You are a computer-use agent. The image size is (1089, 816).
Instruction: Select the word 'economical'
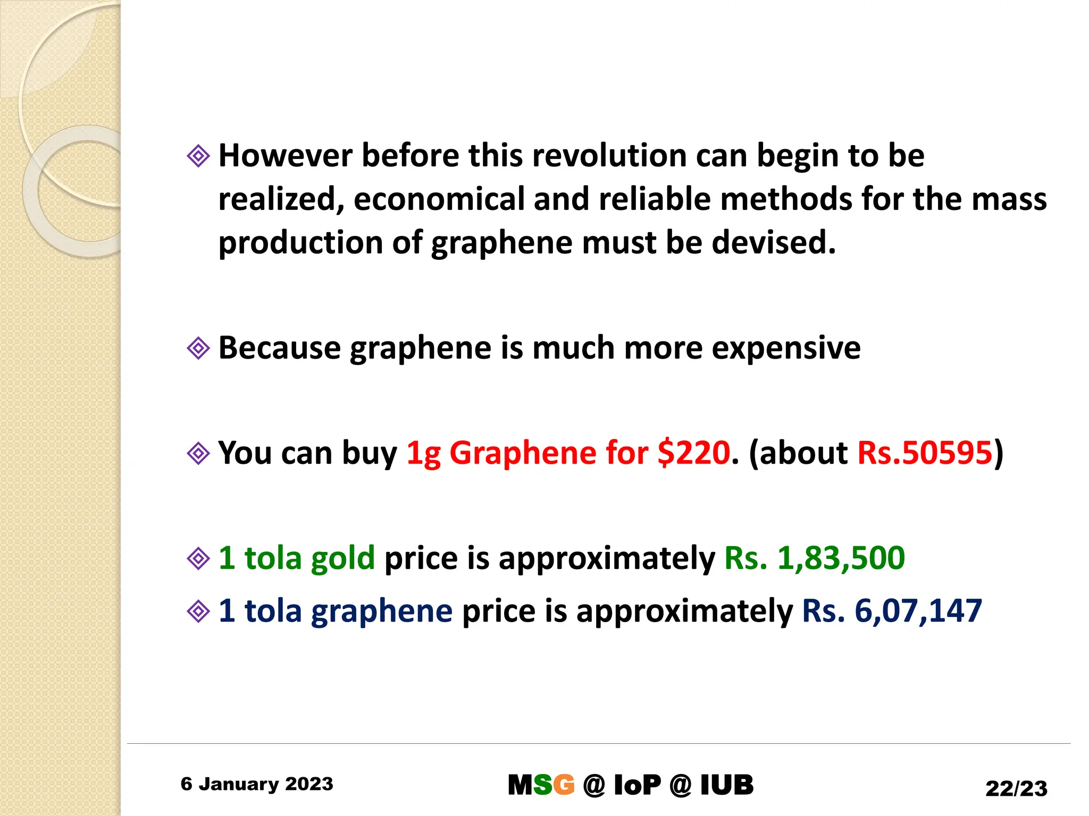(439, 199)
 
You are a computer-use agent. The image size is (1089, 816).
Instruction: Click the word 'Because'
(280, 348)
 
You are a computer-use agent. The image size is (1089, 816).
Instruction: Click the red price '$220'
(693, 453)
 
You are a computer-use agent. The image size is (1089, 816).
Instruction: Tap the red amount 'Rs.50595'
(925, 453)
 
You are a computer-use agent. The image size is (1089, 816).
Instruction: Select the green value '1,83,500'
(841, 558)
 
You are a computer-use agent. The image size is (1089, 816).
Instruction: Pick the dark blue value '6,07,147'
(918, 611)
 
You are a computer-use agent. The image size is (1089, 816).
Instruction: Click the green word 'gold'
(343, 558)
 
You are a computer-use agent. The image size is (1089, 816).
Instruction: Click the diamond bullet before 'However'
(198, 156)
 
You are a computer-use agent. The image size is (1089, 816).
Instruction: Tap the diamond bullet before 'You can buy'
(198, 454)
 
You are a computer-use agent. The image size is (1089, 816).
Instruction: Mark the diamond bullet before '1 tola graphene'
(198, 611)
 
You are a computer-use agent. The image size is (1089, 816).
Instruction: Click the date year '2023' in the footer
(309, 784)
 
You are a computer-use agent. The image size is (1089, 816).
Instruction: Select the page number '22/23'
(1016, 788)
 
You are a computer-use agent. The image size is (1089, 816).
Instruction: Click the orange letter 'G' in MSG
(564, 785)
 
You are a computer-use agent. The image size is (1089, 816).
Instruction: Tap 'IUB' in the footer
(727, 785)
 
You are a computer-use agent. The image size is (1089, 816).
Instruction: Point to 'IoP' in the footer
(637, 785)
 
